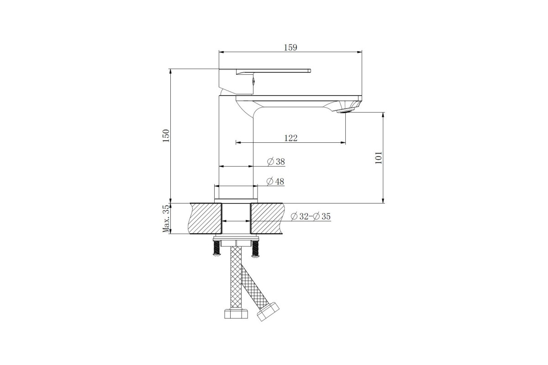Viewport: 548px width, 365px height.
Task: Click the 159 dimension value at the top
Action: (x=290, y=47)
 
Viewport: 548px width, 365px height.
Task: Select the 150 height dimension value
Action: (x=166, y=136)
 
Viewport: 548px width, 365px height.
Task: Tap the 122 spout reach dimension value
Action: (x=291, y=138)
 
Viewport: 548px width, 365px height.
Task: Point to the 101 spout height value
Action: (x=379, y=158)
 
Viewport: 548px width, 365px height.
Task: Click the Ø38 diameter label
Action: (x=276, y=162)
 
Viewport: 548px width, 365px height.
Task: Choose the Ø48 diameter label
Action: (x=275, y=182)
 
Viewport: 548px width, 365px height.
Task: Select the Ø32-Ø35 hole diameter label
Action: (x=311, y=216)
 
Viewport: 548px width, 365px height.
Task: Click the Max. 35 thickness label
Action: (x=166, y=219)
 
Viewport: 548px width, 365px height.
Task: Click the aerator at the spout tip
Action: (x=345, y=111)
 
